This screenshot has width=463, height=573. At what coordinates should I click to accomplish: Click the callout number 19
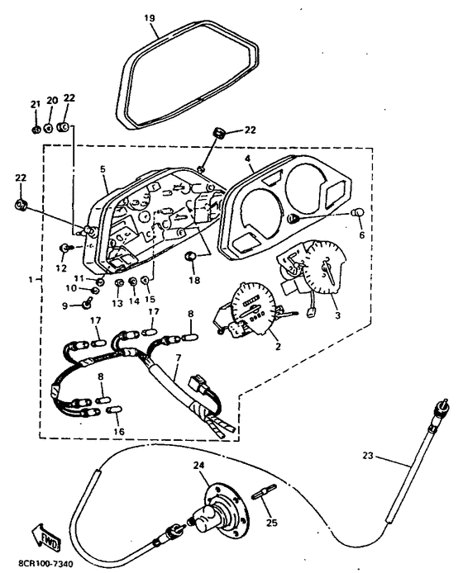(x=150, y=17)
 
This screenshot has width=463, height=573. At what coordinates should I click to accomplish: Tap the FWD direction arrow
(x=45, y=537)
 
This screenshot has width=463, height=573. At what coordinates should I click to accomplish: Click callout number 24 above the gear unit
(x=199, y=465)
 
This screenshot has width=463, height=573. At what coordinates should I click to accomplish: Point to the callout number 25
(x=271, y=523)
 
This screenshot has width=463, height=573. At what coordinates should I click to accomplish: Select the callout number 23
(x=369, y=455)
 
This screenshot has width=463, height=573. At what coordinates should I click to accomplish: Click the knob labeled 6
(x=358, y=212)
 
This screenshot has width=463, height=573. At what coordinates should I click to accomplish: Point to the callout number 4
(x=248, y=159)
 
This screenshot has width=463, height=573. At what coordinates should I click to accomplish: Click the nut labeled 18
(x=191, y=256)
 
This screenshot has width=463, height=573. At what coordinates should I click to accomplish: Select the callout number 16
(x=119, y=431)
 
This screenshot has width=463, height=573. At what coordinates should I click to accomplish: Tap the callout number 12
(x=61, y=268)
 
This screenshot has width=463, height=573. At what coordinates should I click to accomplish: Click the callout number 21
(x=35, y=104)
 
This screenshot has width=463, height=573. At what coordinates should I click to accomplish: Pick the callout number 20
(x=52, y=100)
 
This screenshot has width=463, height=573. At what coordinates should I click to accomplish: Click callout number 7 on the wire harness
(x=179, y=358)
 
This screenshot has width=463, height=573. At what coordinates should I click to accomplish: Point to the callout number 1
(x=31, y=280)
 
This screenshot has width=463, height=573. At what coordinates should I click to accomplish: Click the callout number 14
(x=134, y=301)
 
